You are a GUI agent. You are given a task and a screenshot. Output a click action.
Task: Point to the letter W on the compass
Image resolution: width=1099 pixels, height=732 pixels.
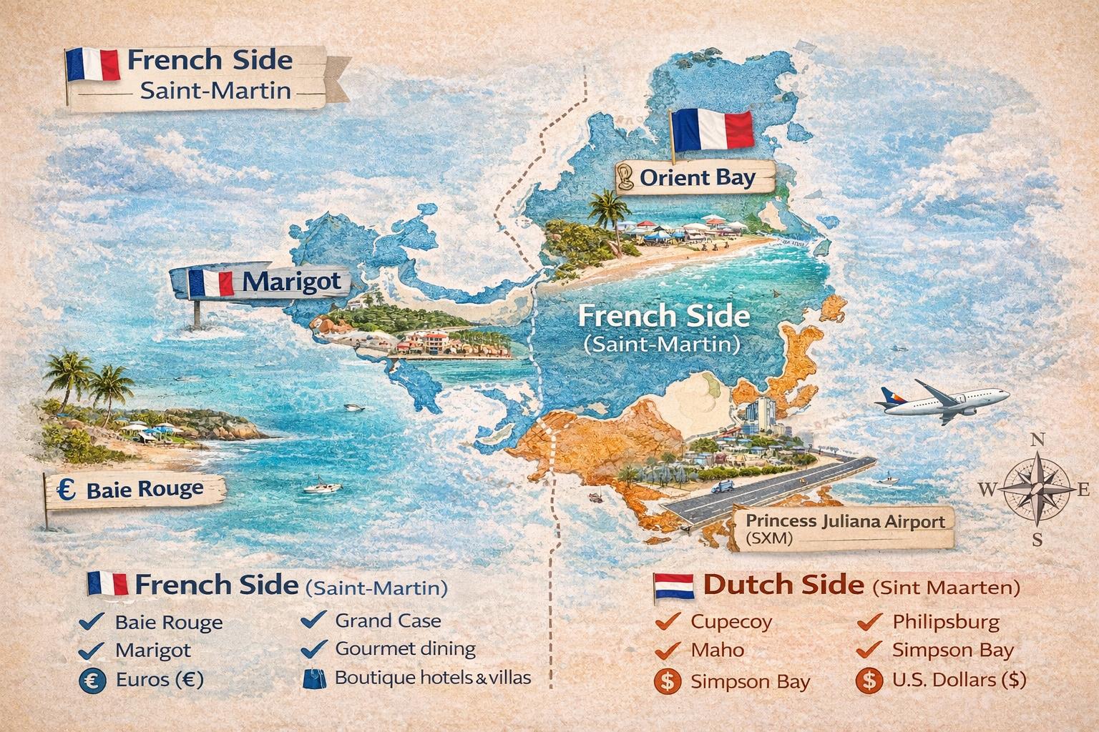(987, 490)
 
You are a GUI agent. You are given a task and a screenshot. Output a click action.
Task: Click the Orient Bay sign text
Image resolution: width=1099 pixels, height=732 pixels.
(697, 177)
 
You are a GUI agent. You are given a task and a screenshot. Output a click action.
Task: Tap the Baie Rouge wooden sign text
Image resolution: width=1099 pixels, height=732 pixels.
(145, 490)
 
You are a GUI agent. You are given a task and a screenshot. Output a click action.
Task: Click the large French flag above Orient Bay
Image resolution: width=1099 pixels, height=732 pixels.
(711, 131)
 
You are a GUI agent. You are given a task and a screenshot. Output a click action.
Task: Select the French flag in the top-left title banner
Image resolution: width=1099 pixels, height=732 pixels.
(92, 64)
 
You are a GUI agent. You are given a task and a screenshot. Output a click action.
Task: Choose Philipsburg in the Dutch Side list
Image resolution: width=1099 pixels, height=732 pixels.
(946, 622)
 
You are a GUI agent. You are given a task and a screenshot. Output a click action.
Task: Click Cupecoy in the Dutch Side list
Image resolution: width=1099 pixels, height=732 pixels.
(731, 622)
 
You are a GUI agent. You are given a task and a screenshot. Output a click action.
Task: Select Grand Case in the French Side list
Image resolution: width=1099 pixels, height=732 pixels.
(388, 620)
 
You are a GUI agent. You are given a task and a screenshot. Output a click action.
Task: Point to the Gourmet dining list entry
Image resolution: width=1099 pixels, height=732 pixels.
(405, 649)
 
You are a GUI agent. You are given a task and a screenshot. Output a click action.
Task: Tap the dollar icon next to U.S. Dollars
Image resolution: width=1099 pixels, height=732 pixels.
(869, 680)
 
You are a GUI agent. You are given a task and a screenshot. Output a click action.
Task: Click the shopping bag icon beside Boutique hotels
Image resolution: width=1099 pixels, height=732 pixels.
(313, 678)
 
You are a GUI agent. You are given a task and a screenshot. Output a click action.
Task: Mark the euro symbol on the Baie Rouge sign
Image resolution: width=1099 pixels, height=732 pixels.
(67, 490)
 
